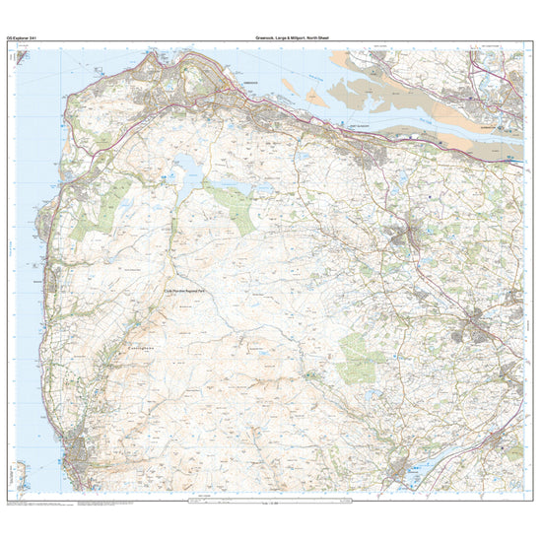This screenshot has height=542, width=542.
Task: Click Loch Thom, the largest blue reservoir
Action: tap(187, 169)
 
